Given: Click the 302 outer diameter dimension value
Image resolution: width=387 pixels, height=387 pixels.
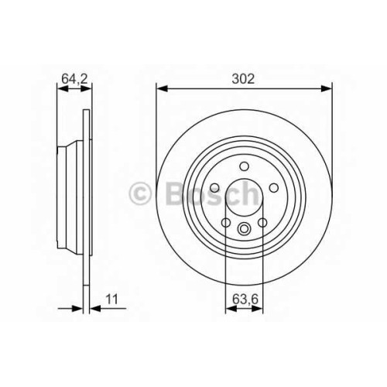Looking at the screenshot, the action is (x=243, y=79).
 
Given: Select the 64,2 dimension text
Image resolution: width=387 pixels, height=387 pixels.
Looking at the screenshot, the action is (x=75, y=79).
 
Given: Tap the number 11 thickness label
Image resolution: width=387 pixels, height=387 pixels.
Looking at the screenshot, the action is (x=111, y=300).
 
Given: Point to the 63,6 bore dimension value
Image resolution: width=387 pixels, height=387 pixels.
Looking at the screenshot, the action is (x=245, y=300).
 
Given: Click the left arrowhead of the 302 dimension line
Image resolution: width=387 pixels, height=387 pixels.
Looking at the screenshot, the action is (x=163, y=89).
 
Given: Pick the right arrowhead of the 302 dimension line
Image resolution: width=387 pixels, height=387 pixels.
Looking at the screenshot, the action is (x=326, y=89).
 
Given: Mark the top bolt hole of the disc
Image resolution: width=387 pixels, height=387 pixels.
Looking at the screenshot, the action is (x=244, y=166).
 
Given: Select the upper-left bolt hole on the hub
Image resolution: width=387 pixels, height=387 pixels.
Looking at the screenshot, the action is (x=214, y=188).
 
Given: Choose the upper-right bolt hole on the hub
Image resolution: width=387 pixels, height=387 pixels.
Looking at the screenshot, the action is (x=274, y=188).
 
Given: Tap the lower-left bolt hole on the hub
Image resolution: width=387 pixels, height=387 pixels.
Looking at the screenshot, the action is (x=226, y=222).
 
